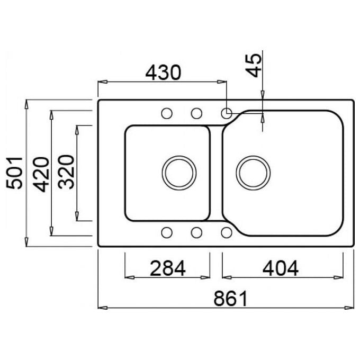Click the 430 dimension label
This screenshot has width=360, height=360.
163,73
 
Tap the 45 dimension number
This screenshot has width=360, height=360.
254,65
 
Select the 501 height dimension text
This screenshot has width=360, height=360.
14,173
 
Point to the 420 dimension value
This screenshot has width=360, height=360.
41,174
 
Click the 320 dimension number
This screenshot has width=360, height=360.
66,172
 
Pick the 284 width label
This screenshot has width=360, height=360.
167,268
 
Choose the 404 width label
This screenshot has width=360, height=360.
281,268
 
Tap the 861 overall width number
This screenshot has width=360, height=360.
230,298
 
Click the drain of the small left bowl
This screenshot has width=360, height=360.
179,173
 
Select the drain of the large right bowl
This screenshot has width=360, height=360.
253,173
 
